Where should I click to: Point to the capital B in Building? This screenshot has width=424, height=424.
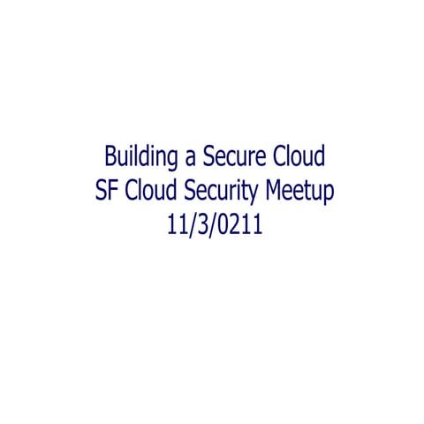pos(110,157)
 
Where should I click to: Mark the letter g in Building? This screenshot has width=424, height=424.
pos(165,161)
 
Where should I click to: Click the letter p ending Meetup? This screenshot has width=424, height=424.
pos(329,194)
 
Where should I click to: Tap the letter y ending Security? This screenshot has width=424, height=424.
pos(260,195)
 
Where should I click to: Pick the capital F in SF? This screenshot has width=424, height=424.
pos(111,191)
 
